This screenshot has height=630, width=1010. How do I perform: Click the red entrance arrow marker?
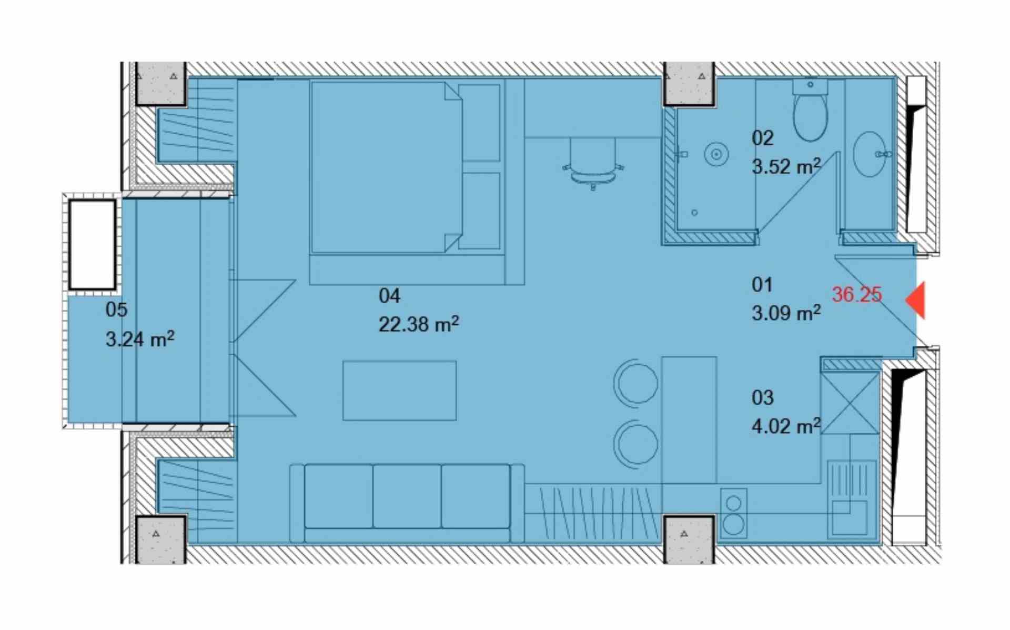coord(917,300)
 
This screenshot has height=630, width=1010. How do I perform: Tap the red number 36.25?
coord(856,294)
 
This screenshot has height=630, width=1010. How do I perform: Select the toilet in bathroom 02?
coord(810,110)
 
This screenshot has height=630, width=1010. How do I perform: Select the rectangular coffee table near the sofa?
coord(399,391)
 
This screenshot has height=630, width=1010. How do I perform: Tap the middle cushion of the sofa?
coord(407,496)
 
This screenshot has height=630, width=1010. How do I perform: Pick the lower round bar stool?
coord(636,443)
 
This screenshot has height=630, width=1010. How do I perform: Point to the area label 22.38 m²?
coord(419,324)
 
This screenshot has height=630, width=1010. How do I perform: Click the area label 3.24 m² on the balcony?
coord(140,338)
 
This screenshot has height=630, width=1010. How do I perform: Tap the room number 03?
coord(762,397)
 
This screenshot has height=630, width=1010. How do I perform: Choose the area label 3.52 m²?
coord(786,166)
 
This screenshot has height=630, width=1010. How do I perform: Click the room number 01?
coord(762,285)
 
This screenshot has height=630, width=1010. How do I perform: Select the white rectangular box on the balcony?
coord(93,245)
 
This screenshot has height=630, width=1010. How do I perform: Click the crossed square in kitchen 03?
coord(850,403)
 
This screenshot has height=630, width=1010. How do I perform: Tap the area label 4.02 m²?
coord(786,425)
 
